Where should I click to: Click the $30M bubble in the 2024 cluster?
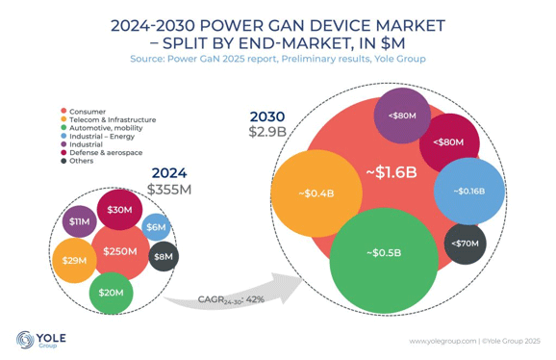click(x=119, y=210)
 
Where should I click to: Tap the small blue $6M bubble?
click(x=157, y=226)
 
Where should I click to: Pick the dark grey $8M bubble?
click(x=164, y=256)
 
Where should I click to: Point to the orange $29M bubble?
click(x=71, y=261)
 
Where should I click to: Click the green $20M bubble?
click(x=109, y=292)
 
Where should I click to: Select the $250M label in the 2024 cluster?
click(x=119, y=252)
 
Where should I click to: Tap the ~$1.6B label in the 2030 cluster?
click(x=391, y=173)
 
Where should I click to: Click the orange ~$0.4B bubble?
click(x=316, y=193)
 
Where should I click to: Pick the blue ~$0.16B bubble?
click(x=468, y=191)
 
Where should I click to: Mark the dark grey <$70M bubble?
click(x=465, y=244)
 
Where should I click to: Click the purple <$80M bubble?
click(x=403, y=116)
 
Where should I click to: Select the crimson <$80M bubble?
click(x=448, y=141)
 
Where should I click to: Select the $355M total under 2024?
click(x=168, y=189)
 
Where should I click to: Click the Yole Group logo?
click(x=38, y=339)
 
